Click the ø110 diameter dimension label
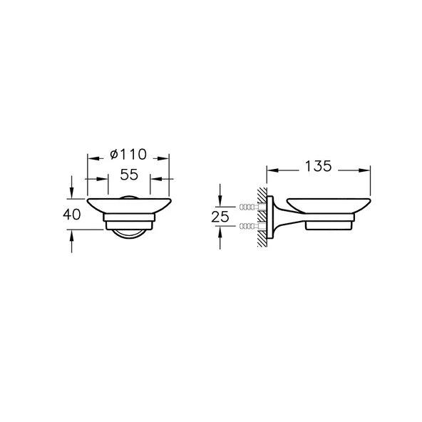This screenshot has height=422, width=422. pos(128,154)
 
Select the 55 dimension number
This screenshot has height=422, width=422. pos(129,175)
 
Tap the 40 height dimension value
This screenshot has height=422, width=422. pos(71,215)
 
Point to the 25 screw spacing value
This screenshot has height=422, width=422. pos(220,217)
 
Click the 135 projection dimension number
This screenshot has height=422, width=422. pos(318,166)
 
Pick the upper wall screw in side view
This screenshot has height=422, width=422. pos(252,207)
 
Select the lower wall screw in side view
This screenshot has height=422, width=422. pos(252,226)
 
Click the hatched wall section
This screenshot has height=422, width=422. pos(262,217)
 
